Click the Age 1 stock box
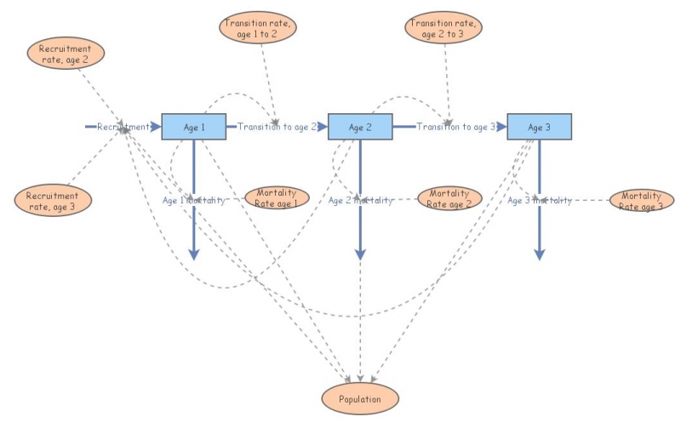pos(193,127)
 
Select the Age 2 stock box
pos(360,127)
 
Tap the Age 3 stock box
pos(539,127)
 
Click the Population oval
pos(359,398)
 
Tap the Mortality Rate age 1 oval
pos(278,197)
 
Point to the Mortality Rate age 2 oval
pos(449,198)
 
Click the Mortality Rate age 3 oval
pos(641,201)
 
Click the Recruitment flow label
pos(123,127)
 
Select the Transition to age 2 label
pos(277,127)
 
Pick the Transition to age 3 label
pos(455,127)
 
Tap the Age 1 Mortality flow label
pos(194,200)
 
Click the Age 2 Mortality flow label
pos(360,200)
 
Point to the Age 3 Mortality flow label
pos(539,200)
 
